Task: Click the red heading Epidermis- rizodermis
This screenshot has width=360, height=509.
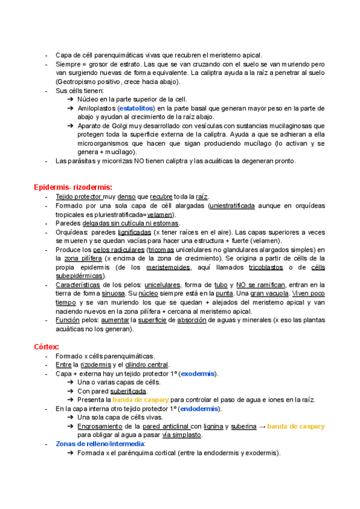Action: click(73, 187)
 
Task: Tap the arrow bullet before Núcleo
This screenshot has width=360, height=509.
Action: click(71, 99)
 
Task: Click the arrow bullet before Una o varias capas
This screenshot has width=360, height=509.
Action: click(71, 382)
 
